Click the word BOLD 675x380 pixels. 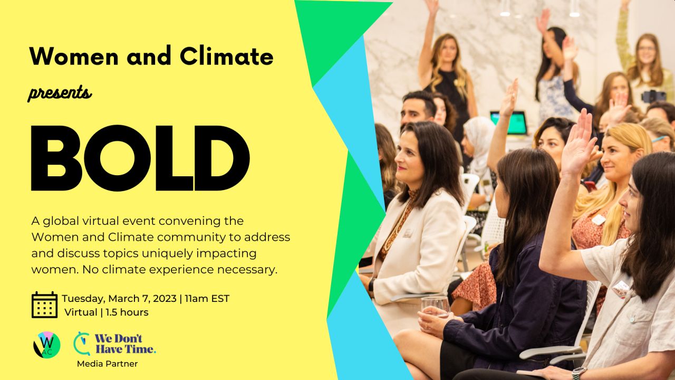(140, 158)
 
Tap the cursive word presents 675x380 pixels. (60, 93)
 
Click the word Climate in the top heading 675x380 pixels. (227, 56)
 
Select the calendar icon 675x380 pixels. (44, 305)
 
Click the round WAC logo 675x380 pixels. (47, 345)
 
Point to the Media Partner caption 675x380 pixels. (107, 364)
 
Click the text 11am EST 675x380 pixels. (207, 299)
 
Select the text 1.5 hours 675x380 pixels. (127, 312)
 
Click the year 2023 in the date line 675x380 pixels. (165, 299)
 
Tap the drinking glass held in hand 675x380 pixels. (435, 307)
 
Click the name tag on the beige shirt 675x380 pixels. (621, 289)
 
